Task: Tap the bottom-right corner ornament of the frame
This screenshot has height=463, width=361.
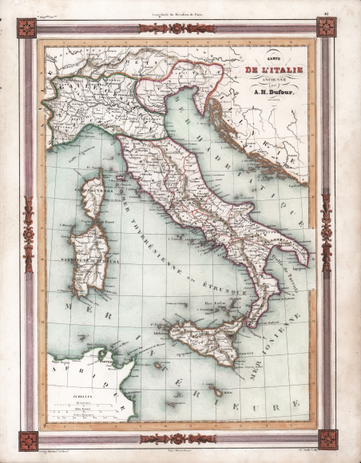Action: [327, 439]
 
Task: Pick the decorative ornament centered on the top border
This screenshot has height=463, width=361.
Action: [177, 28]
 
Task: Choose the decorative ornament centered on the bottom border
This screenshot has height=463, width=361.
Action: [177, 439]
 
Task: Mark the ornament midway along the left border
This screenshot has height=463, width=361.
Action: [29, 234]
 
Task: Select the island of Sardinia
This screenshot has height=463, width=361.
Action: [87, 255]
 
